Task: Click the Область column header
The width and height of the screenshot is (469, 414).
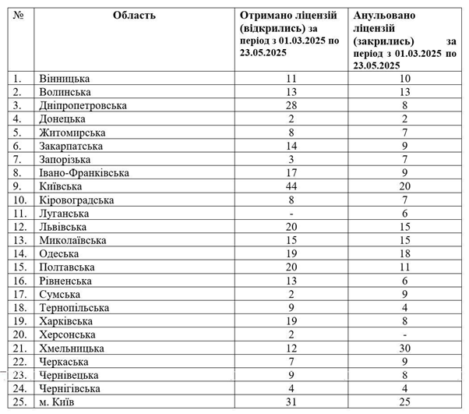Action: pyautogui.click(x=133, y=15)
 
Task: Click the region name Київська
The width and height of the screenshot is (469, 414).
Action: pyautogui.click(x=62, y=186)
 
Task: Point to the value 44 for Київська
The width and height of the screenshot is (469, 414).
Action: pyautogui.click(x=291, y=186)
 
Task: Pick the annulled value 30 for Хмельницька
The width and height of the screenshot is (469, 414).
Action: pyautogui.click(x=404, y=349)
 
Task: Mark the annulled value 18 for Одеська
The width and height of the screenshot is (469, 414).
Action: pyautogui.click(x=404, y=254)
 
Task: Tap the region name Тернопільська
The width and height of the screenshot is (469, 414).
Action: pyautogui.click(x=73, y=308)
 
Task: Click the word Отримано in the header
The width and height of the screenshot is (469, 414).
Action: pyautogui.click(x=266, y=15)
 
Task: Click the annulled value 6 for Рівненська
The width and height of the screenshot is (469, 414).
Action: pyautogui.click(x=404, y=281)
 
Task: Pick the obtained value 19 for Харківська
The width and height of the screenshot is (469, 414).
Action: pyautogui.click(x=291, y=321)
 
